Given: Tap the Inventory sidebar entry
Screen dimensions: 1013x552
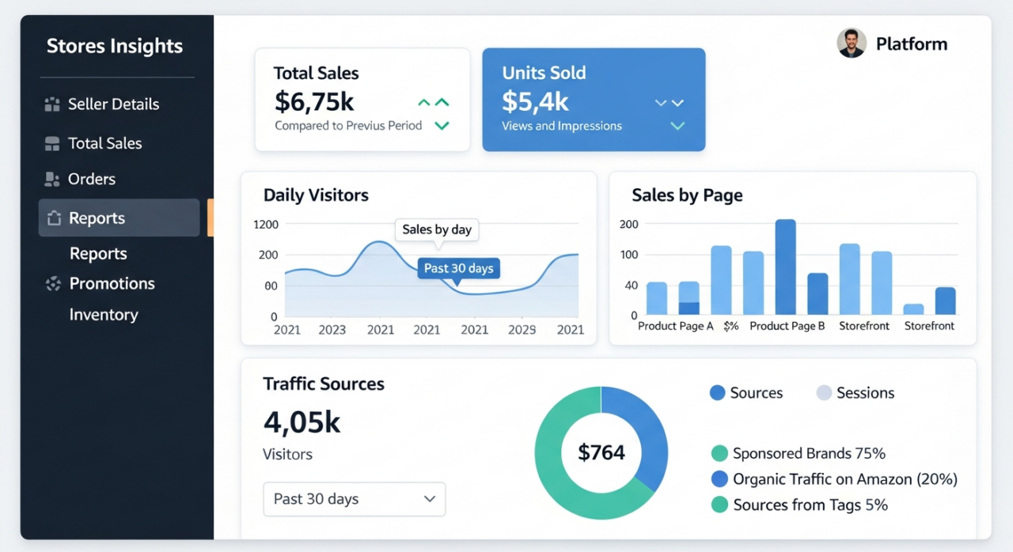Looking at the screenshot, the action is (x=104, y=315).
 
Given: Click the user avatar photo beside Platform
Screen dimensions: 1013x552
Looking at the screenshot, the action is (x=852, y=43).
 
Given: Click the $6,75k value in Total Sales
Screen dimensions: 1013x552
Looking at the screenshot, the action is (x=314, y=102).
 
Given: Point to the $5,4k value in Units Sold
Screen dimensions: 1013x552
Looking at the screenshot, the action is (x=535, y=102).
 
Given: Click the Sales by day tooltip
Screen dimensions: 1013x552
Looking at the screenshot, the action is (x=437, y=230).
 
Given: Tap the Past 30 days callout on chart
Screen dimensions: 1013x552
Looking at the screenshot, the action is (x=458, y=269).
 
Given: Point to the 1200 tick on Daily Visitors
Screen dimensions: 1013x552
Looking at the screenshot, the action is (x=266, y=225).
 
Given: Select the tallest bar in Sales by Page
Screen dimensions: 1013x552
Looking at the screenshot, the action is (x=785, y=267).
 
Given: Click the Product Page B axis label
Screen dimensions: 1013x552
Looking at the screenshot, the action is (x=787, y=326).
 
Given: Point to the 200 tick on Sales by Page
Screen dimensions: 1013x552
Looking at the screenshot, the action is (x=628, y=225).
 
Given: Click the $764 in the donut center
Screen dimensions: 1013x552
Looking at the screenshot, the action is (x=601, y=452).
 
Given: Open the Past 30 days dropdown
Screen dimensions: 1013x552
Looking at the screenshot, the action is (x=354, y=499).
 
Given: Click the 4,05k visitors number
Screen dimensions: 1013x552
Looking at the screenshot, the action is (x=302, y=422).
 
